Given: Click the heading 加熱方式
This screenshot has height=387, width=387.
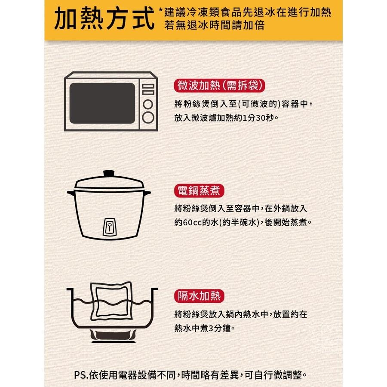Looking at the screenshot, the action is (x=104, y=18).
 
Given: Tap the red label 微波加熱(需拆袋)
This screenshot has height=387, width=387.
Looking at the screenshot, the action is (x=219, y=86).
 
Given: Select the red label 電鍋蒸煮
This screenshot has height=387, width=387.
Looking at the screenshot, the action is (x=199, y=190).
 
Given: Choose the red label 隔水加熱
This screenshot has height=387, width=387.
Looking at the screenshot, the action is (x=199, y=296).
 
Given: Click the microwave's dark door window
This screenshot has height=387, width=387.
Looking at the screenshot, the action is (x=102, y=103).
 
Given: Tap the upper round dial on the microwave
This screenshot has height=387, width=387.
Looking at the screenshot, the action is (x=148, y=104).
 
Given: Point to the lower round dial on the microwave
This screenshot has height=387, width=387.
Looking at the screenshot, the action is (x=148, y=117).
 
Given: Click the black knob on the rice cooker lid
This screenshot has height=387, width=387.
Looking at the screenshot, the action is (x=109, y=174).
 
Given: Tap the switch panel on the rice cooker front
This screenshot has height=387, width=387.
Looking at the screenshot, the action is (x=109, y=227).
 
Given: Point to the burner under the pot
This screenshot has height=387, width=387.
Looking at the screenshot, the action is (x=114, y=336).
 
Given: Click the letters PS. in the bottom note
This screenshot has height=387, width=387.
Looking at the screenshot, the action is (x=81, y=375).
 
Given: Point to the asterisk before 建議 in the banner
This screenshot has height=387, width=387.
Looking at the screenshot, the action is (x=160, y=10).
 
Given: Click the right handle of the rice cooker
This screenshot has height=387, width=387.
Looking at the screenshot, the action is (x=147, y=193).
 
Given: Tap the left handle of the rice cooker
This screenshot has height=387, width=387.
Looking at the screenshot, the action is (x=71, y=193).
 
